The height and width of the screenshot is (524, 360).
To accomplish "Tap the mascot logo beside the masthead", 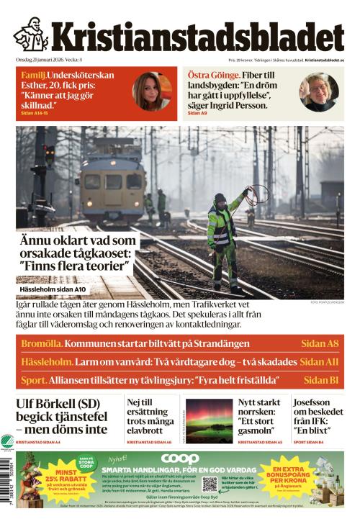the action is (x=30, y=34).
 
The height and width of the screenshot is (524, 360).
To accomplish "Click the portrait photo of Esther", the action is (x=151, y=91).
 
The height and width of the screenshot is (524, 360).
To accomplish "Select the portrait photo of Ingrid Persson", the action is (x=318, y=91).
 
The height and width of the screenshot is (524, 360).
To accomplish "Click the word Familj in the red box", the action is (x=34, y=74).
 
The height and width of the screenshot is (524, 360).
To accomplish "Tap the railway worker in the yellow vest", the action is (x=222, y=238).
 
